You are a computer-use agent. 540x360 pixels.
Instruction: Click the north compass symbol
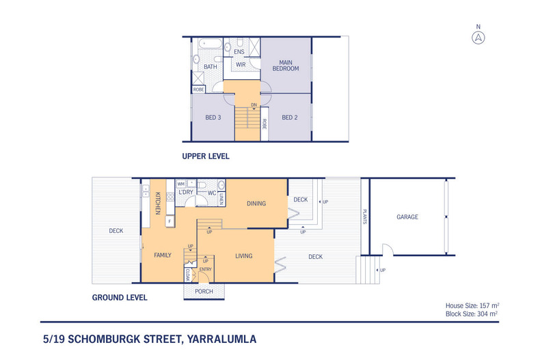pyautogui.click(x=478, y=38)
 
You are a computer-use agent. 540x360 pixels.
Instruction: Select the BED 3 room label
pyautogui.click(x=213, y=117)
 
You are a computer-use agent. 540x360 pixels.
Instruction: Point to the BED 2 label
pyautogui.click(x=291, y=117)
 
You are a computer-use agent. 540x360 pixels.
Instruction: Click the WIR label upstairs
pyautogui.click(x=241, y=64)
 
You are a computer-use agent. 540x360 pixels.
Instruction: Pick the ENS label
pyautogui.click(x=239, y=52)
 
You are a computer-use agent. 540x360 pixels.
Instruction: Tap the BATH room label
pyautogui.click(x=211, y=67)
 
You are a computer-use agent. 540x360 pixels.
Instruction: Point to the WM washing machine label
pyautogui.click(x=181, y=184)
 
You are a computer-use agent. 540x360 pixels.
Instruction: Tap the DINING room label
pyautogui.click(x=256, y=204)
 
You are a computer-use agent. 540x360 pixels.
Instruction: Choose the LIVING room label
pyautogui.click(x=244, y=256)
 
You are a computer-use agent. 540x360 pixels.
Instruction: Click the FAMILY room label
pyautogui.click(x=162, y=255)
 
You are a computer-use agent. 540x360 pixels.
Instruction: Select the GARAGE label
pyautogui.click(x=407, y=217)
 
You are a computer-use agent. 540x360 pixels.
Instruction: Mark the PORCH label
pyautogui.click(x=204, y=292)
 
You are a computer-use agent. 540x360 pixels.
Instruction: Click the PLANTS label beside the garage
pyautogui.click(x=366, y=217)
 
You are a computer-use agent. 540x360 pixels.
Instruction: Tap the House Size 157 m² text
pyautogui.click(x=471, y=306)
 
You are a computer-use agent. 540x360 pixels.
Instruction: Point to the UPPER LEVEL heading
pyautogui.click(x=206, y=156)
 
